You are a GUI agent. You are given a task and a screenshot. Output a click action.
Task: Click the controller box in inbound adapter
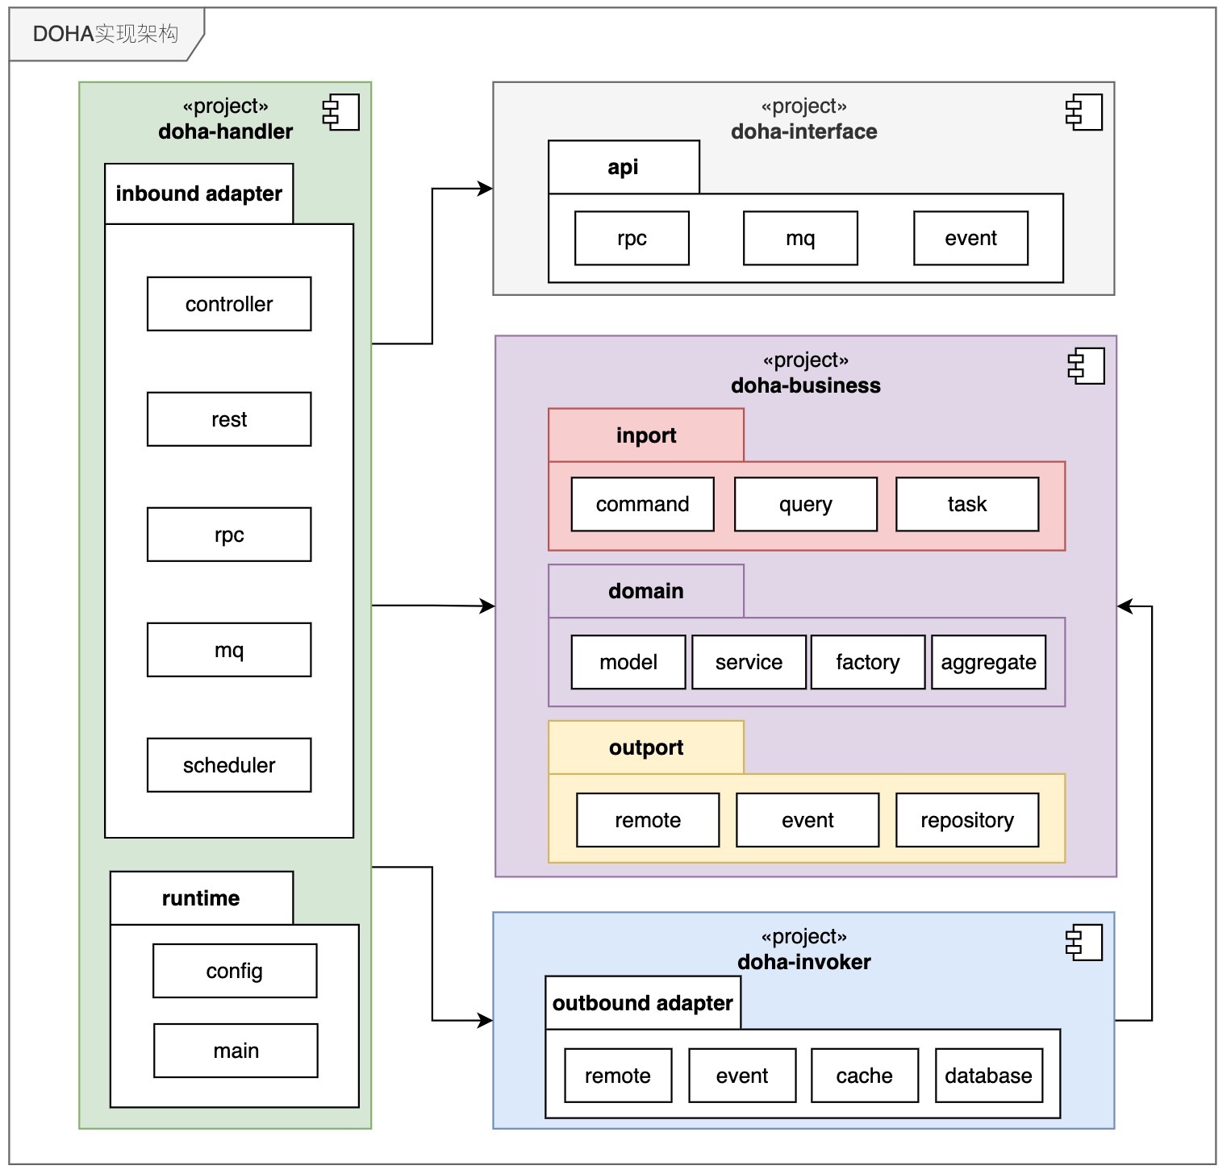click(x=229, y=304)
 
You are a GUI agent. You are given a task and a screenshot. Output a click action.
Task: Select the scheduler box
click(x=229, y=765)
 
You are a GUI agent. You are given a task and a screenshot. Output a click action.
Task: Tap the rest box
click(x=229, y=419)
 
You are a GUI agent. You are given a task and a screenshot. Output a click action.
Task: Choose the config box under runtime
click(x=235, y=971)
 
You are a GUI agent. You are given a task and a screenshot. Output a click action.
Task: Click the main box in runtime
click(x=236, y=1051)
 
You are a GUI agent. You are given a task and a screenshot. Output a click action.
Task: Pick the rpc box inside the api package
click(x=632, y=238)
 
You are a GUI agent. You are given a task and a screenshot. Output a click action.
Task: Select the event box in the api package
click(x=970, y=238)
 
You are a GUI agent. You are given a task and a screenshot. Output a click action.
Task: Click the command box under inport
click(x=642, y=504)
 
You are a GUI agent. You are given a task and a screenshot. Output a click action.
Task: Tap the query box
click(x=805, y=504)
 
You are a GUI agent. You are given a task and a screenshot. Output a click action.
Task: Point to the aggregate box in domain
click(x=988, y=662)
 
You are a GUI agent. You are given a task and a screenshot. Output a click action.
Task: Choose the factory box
click(x=867, y=662)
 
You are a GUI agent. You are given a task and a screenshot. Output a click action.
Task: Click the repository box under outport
click(x=967, y=820)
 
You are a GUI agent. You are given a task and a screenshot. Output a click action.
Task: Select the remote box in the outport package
click(x=648, y=820)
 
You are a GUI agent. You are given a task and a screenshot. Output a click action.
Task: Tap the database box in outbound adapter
click(x=988, y=1076)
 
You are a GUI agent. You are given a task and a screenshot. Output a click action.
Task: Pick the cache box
click(x=864, y=1076)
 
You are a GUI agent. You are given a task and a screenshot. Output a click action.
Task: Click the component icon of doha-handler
click(x=341, y=112)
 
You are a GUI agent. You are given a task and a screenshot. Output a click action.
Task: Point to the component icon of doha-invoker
click(x=1084, y=943)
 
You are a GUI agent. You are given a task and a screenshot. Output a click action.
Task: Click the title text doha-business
click(x=806, y=385)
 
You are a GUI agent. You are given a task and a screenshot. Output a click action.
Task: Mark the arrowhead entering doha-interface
click(x=486, y=189)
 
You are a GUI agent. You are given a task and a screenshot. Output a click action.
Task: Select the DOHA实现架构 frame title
click(x=106, y=34)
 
